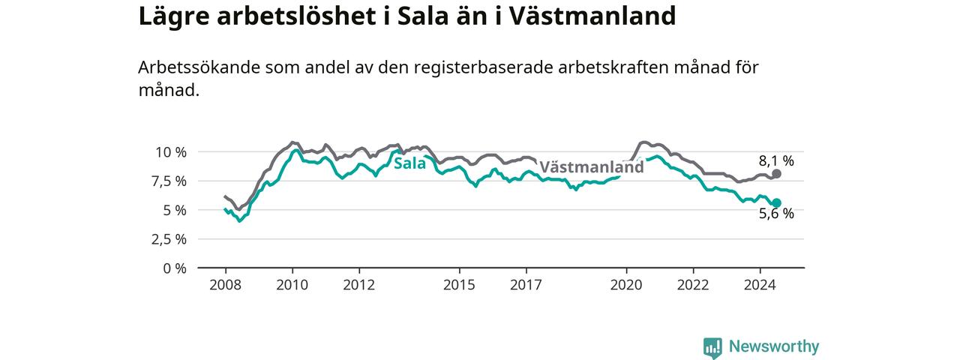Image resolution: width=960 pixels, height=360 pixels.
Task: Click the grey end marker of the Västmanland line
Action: (776, 174)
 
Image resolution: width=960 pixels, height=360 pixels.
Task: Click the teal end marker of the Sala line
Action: (776, 202)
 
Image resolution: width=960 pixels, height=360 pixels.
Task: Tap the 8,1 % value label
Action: (776, 160)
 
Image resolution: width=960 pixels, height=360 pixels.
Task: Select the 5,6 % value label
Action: (776, 214)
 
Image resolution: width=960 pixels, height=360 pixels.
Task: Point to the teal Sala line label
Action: (409, 163)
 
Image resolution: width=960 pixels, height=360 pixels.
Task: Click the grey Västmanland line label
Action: (592, 166)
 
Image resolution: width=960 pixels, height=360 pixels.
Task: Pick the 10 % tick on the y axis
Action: (170, 152)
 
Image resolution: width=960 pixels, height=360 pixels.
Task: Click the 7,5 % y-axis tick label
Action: (169, 181)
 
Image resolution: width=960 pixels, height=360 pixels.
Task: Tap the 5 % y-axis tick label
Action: (175, 211)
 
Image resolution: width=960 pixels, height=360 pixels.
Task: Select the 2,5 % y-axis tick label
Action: (169, 239)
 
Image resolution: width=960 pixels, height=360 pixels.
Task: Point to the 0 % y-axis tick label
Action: (175, 268)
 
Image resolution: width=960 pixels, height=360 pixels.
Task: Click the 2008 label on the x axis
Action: (226, 285)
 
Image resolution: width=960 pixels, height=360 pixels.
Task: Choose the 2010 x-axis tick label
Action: (292, 285)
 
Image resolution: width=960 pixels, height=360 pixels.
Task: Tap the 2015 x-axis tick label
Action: (460, 285)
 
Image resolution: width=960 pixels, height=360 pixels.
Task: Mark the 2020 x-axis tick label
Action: (626, 285)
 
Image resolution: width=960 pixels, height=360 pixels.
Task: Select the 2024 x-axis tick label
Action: (760, 285)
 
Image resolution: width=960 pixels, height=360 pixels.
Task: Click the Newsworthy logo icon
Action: (712, 347)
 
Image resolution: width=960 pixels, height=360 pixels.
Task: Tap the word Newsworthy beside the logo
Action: (774, 346)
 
